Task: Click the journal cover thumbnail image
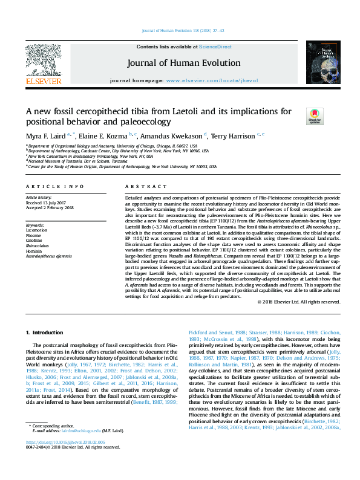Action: pyautogui.click(x=319, y=62)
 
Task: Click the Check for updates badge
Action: pyautogui.click(x=315, y=115)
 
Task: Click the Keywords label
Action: pyautogui.click(x=36, y=225)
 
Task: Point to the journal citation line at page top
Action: pyautogui.click(x=180, y=30)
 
